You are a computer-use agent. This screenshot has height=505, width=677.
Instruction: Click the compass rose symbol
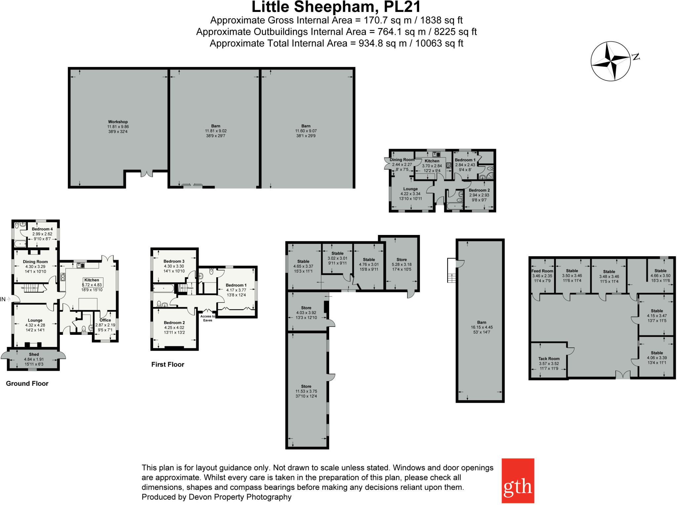click(x=611, y=61)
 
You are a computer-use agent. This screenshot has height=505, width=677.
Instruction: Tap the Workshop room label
click(x=118, y=122)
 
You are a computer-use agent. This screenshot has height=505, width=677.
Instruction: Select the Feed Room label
click(x=542, y=271)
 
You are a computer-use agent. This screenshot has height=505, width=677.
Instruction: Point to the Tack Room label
click(x=549, y=358)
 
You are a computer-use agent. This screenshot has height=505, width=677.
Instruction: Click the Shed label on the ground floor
click(x=34, y=354)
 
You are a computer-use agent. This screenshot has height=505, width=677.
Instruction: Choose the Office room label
click(x=105, y=320)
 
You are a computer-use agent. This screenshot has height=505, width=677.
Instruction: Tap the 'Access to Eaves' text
click(x=208, y=318)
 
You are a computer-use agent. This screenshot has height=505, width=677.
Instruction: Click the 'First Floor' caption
click(x=168, y=364)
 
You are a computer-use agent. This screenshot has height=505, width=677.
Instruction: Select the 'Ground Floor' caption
click(x=27, y=383)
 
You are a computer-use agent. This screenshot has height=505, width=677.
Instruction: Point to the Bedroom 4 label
click(x=42, y=229)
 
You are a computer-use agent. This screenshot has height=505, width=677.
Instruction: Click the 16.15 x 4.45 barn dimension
click(x=482, y=327)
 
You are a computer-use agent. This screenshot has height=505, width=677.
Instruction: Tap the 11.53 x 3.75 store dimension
click(x=306, y=391)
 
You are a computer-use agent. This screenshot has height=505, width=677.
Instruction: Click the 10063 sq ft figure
click(x=439, y=43)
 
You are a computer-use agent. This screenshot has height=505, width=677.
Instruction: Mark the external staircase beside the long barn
click(x=451, y=270)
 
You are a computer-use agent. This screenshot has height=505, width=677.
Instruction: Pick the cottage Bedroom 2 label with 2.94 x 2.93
click(x=479, y=190)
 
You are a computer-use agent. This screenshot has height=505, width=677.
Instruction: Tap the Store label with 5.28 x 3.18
click(x=402, y=259)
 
